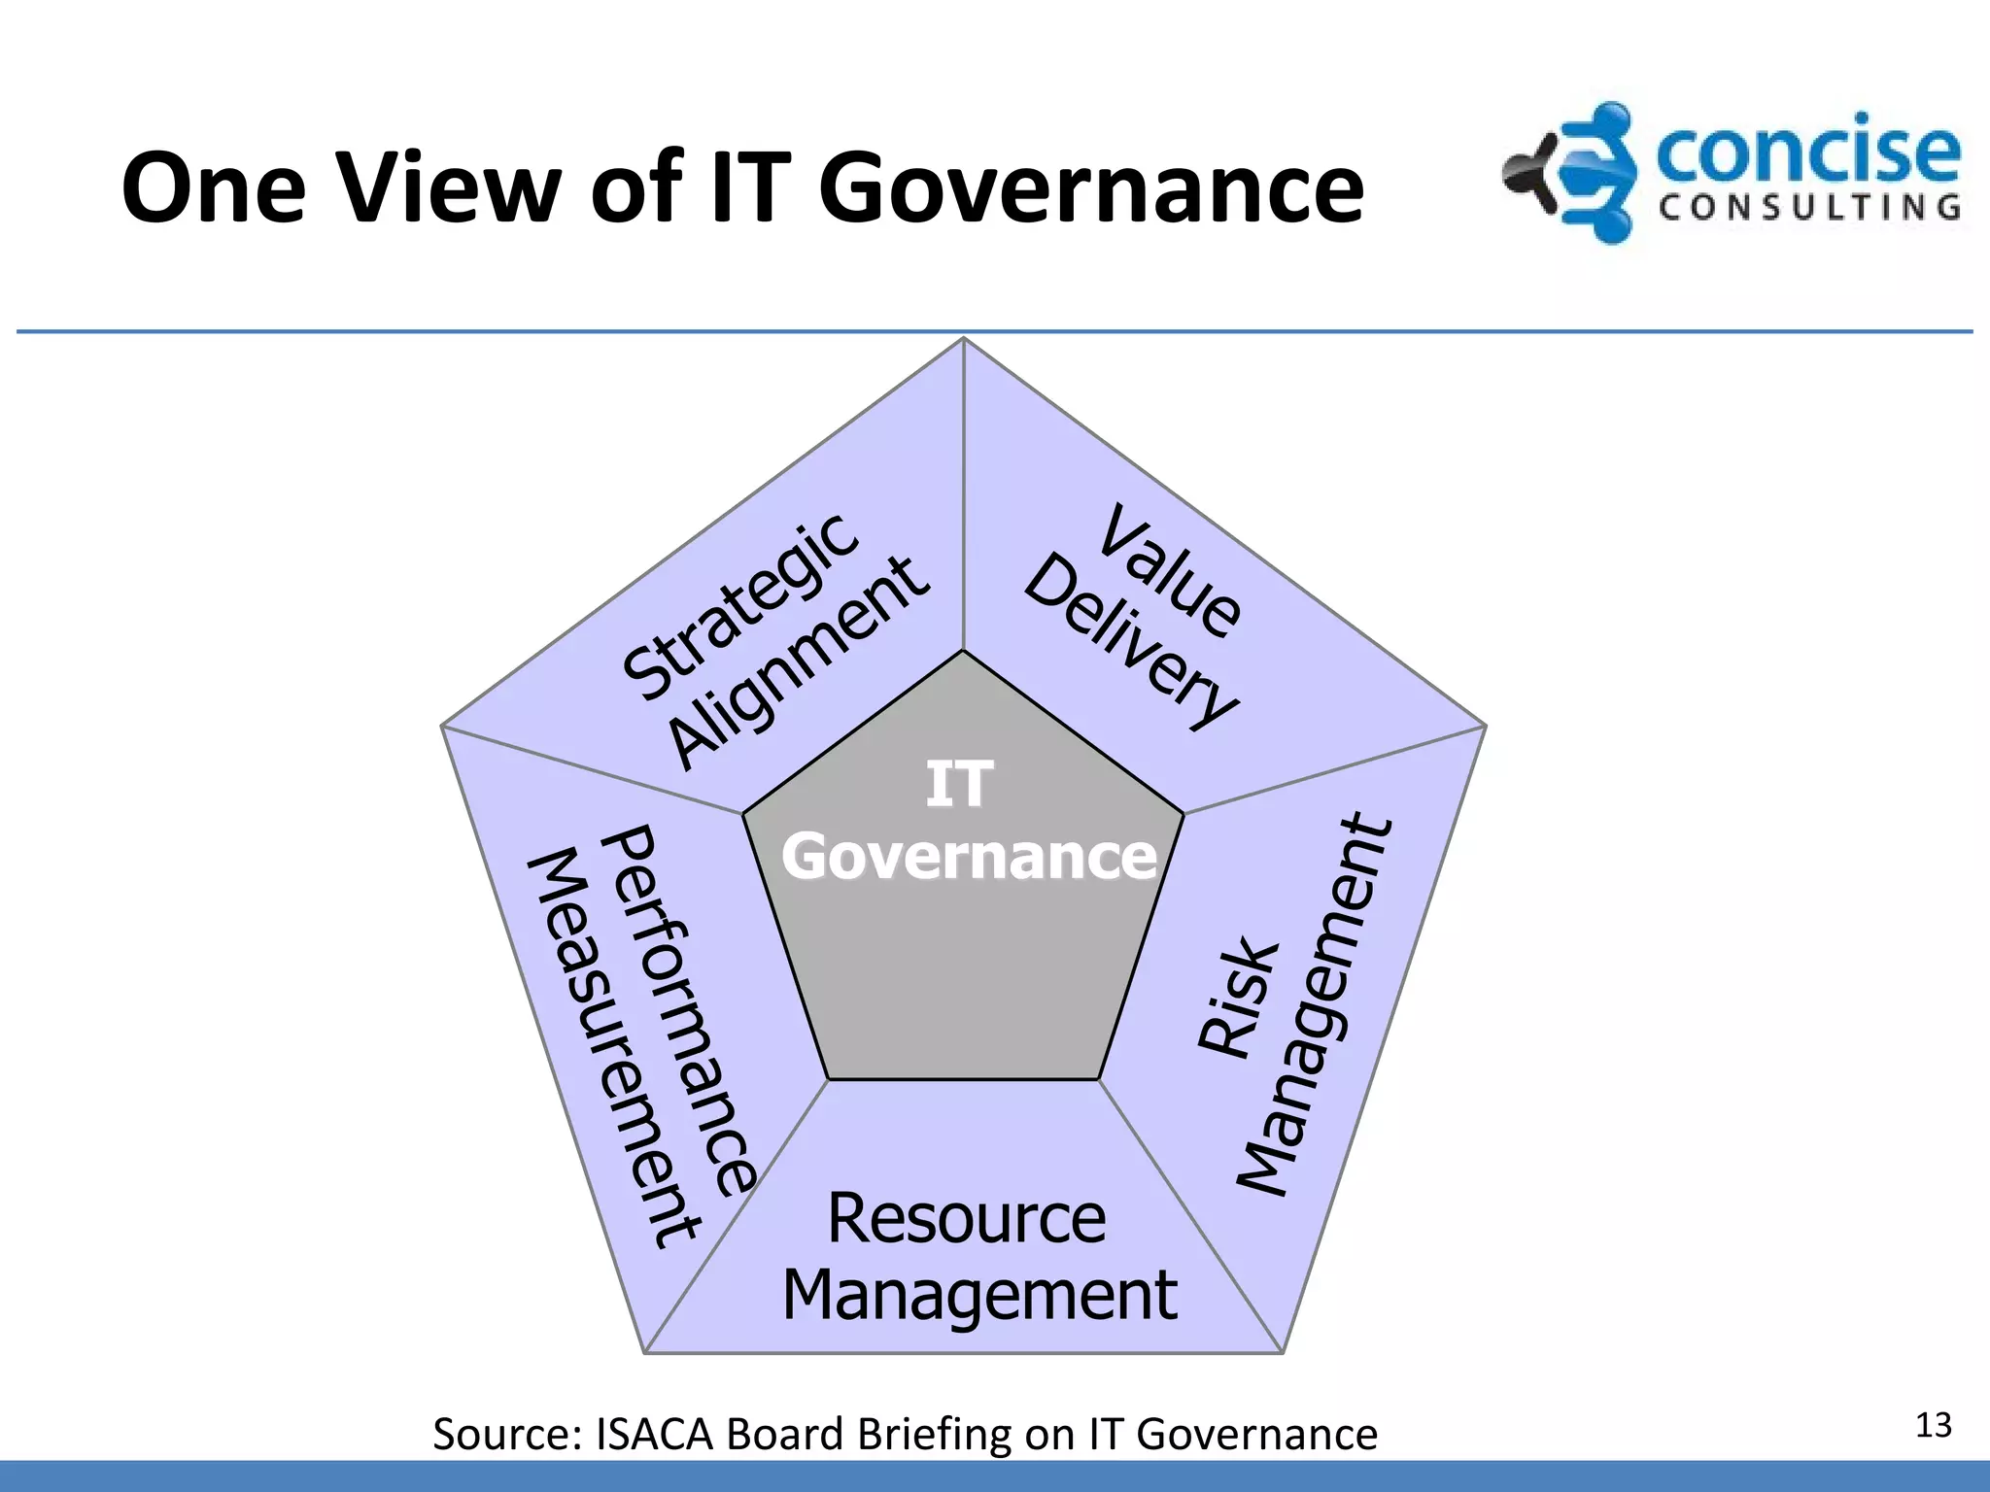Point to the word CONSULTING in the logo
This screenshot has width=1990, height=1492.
[1809, 207]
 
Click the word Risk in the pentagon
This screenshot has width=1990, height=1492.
[1236, 996]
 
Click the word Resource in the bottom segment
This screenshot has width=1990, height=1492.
[966, 1218]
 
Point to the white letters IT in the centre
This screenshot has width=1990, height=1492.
[959, 784]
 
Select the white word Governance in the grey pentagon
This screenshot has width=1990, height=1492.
[969, 857]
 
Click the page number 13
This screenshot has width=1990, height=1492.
[1933, 1425]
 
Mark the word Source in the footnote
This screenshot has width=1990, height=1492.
[506, 1435]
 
